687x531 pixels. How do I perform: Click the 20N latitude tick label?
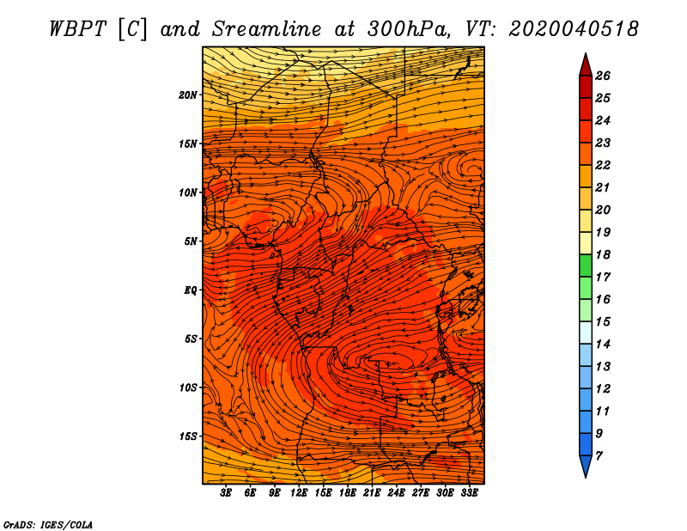(188, 95)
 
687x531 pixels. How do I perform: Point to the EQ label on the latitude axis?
(191, 290)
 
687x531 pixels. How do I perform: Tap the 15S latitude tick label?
(188, 436)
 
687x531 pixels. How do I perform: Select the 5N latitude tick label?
(191, 241)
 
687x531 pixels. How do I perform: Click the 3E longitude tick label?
(226, 493)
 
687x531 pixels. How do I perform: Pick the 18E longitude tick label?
(348, 493)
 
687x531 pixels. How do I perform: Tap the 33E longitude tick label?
(469, 493)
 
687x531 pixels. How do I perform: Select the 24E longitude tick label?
(396, 493)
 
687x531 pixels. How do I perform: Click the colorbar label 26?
(603, 76)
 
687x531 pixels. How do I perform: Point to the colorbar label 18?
(603, 254)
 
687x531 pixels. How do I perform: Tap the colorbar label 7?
(599, 456)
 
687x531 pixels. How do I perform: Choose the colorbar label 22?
(603, 165)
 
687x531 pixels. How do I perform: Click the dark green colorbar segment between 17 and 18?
(586, 265)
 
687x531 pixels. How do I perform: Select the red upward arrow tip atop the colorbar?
(586, 54)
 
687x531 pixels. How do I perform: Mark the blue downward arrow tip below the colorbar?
(586, 476)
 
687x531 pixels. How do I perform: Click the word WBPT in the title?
(77, 29)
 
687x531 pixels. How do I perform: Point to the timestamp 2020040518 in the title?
(573, 29)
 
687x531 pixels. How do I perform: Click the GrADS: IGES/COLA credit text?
(48, 525)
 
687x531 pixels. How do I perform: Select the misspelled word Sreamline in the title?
(266, 29)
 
